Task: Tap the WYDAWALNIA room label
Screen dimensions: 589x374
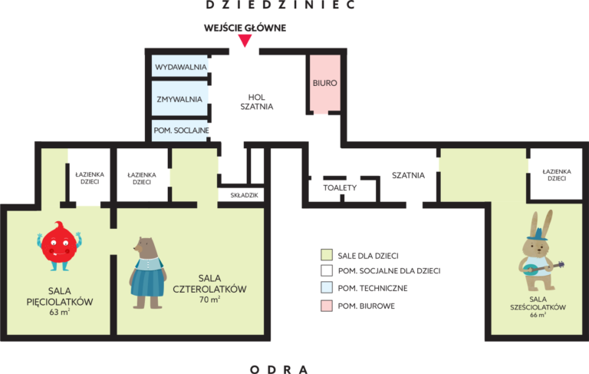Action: [x=181, y=67]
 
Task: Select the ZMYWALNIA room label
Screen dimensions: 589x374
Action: [x=179, y=99]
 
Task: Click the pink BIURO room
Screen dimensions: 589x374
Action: [x=325, y=84]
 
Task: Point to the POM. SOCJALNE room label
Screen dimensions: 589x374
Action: [x=181, y=131]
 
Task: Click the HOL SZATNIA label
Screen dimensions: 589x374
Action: [x=257, y=102]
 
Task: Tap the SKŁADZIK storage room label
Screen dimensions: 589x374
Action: [x=244, y=195]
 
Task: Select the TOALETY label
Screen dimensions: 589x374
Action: [x=340, y=187]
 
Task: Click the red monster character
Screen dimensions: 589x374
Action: [x=59, y=246]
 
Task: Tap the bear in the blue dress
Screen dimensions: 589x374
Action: [x=147, y=273]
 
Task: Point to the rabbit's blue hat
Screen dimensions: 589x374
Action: [x=538, y=234]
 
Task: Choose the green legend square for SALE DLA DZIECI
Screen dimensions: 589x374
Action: [x=327, y=255]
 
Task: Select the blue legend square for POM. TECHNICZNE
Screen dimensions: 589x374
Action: [x=327, y=287]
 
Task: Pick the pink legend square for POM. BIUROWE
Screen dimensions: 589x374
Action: [x=327, y=306]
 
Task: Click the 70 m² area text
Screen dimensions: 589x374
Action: [x=209, y=300]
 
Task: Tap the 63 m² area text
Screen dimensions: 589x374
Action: [x=59, y=312]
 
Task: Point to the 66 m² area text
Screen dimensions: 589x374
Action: [x=538, y=315]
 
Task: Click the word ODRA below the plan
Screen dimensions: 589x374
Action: [x=279, y=369]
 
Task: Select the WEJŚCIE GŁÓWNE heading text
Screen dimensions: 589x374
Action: [x=245, y=28]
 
